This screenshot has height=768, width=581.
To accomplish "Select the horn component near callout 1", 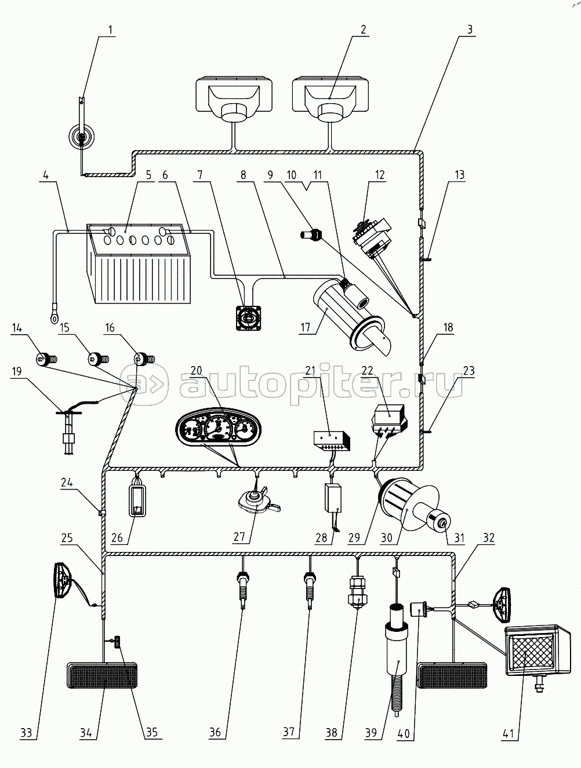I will [81, 138].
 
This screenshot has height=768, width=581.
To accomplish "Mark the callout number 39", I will [371, 732].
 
